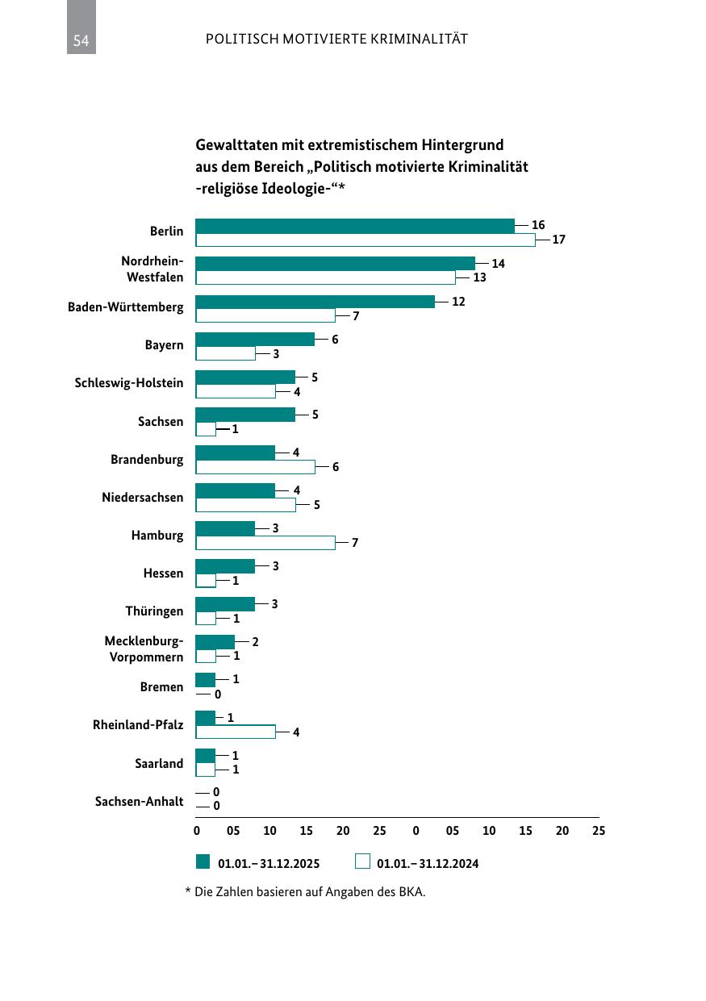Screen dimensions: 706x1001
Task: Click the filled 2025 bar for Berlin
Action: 355,226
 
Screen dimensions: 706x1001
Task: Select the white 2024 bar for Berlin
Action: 366,240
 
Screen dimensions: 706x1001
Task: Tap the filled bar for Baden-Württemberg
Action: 315,302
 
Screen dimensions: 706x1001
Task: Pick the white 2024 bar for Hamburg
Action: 265,543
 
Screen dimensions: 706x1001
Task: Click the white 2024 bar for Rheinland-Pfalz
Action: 236,732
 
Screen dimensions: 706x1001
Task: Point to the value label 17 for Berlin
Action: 559,240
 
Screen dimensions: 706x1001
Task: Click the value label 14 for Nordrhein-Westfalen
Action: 498,264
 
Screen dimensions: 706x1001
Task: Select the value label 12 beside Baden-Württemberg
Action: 458,302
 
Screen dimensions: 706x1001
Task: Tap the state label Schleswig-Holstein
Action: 129,383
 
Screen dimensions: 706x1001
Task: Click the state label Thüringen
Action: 154,611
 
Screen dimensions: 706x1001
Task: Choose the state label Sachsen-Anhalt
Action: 139,801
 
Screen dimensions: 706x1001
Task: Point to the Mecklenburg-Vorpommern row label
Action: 144,649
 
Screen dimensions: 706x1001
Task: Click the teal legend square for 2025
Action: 203,861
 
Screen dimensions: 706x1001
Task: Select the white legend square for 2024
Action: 362,861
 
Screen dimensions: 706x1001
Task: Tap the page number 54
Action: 81,40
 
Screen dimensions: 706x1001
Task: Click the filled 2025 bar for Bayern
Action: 255,340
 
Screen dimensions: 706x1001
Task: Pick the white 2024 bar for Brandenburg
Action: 255,467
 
